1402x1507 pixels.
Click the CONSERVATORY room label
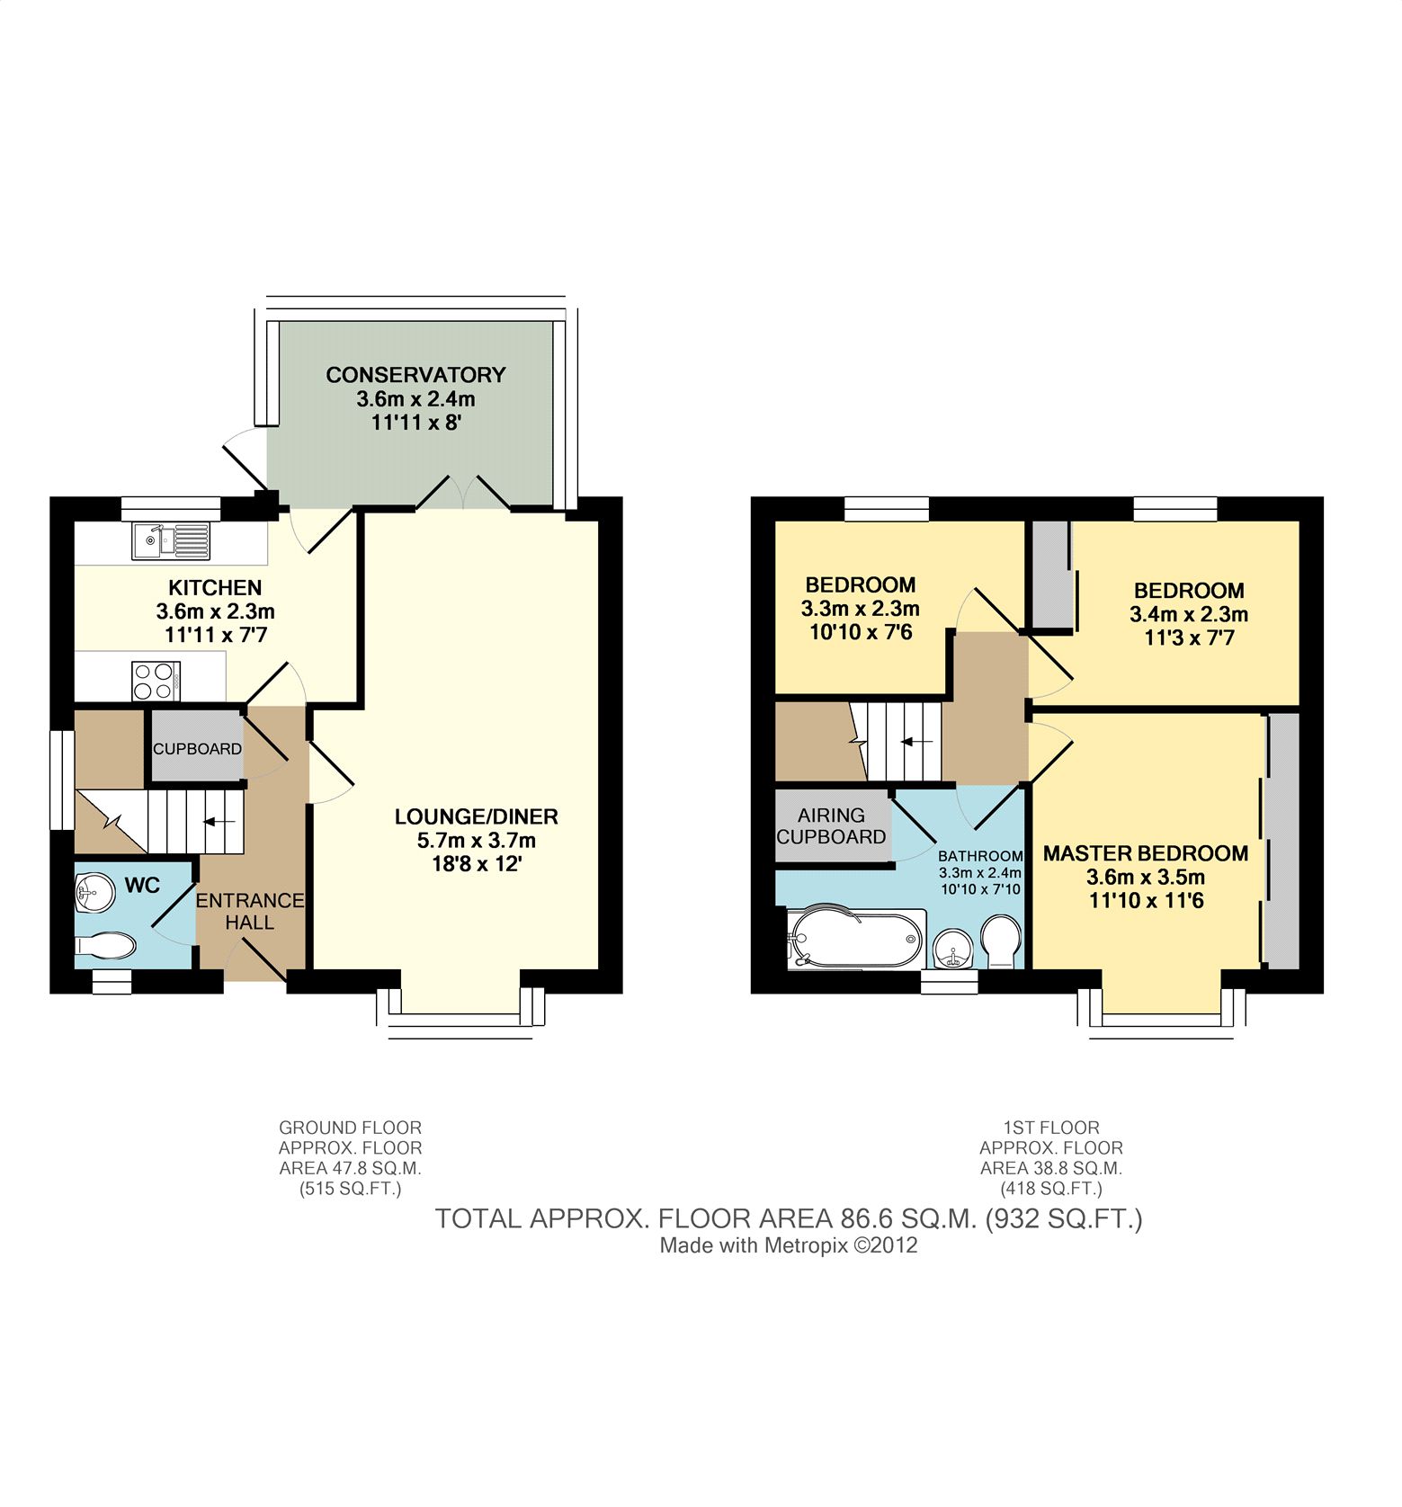pyautogui.click(x=415, y=374)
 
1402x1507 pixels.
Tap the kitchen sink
pyautogui.click(x=171, y=540)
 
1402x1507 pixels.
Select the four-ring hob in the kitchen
pyautogui.click(x=156, y=681)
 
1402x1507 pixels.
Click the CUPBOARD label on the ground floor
pyautogui.click(x=197, y=748)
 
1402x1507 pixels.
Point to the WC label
pyautogui.click(x=142, y=886)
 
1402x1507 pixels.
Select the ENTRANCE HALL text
pyautogui.click(x=250, y=911)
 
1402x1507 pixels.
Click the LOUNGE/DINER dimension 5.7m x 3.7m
pyautogui.click(x=477, y=841)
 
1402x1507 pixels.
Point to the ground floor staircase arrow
pyautogui.click(x=220, y=821)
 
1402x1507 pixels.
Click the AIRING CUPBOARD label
pyautogui.click(x=831, y=825)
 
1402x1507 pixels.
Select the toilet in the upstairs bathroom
pyautogui.click(x=1000, y=941)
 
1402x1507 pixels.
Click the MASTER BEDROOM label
pyautogui.click(x=1146, y=853)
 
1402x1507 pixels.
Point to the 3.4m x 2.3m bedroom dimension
pyautogui.click(x=1189, y=615)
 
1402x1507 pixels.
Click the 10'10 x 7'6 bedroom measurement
pyautogui.click(x=861, y=632)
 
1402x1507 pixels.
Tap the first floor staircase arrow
pyautogui.click(x=917, y=742)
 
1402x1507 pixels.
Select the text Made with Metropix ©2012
pyautogui.click(x=789, y=1245)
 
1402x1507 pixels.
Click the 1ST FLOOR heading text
pyautogui.click(x=1051, y=1128)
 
